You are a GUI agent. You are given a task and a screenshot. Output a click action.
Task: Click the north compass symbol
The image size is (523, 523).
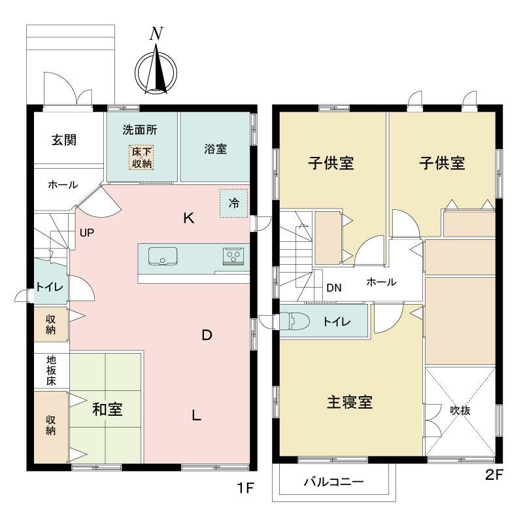click(x=156, y=69)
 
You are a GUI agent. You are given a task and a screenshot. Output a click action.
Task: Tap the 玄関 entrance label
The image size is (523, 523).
click(x=64, y=140)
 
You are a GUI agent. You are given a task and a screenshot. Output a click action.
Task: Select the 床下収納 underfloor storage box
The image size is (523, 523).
click(x=141, y=158)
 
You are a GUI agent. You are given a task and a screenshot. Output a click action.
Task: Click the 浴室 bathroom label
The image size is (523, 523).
click(x=216, y=149)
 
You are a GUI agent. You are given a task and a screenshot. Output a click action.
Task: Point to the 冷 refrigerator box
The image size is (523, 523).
click(x=234, y=203)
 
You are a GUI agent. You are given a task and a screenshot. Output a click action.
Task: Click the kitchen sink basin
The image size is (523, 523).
click(x=163, y=256)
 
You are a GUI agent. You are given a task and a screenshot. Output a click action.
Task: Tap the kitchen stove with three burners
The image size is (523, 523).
click(x=233, y=256)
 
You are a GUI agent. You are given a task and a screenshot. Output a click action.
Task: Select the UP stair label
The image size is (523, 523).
click(x=87, y=233)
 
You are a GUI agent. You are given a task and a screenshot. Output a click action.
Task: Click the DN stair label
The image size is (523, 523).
click(x=334, y=288)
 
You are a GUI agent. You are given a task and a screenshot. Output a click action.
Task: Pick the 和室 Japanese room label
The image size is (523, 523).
click(x=107, y=409)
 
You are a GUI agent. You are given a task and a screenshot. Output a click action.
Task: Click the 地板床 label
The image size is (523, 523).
click(x=51, y=371)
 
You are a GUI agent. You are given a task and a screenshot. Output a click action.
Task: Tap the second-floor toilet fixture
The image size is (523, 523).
click(x=295, y=321)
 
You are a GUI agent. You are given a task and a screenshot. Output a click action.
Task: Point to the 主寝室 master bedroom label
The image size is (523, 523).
click(x=350, y=402)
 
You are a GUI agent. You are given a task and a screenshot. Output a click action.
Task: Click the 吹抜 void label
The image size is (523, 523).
click(x=460, y=411)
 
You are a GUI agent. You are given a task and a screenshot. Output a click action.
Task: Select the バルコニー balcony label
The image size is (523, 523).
click(x=333, y=482)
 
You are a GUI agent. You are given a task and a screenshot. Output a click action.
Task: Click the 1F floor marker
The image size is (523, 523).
click(x=246, y=488)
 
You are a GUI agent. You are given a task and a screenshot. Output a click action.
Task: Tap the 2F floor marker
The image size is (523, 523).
click(x=494, y=475)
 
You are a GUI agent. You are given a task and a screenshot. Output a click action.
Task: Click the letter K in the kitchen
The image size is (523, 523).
click(x=188, y=218)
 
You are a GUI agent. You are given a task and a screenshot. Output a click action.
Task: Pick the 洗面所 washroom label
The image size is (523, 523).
click(x=140, y=129)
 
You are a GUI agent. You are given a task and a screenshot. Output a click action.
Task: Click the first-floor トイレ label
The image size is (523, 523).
click(x=50, y=287)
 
